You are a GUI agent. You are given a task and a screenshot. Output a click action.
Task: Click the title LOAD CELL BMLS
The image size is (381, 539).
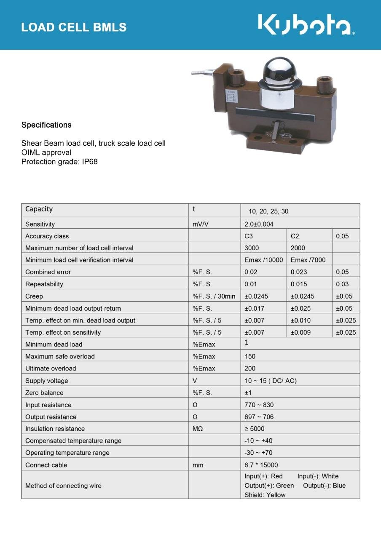[x=74, y=27]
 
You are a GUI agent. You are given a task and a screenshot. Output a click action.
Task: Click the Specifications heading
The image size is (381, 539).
[x=46, y=125]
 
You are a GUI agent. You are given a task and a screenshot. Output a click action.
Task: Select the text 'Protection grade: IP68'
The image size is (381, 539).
[x=59, y=161]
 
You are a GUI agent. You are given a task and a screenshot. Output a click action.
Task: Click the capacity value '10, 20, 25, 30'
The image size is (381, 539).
[x=268, y=211]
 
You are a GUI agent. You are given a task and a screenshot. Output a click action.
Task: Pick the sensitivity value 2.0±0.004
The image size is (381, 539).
[x=259, y=224]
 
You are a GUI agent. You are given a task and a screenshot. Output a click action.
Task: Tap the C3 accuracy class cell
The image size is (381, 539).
[x=249, y=236]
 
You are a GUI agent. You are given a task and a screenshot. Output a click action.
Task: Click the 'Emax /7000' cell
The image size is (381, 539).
[x=308, y=260]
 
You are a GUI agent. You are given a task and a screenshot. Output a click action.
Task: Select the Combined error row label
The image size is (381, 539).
[x=48, y=272]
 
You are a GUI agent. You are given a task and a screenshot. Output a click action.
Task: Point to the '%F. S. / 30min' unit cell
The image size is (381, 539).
[x=214, y=296]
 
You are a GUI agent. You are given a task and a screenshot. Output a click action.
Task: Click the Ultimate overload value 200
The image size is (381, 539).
[x=250, y=368]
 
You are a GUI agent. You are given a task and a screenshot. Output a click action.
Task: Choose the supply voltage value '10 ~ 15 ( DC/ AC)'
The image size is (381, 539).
[x=271, y=381]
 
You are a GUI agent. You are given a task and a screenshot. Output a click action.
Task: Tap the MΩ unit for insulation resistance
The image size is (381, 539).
[x=198, y=429]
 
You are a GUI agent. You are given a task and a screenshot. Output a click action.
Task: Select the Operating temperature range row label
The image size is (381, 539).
[x=67, y=453]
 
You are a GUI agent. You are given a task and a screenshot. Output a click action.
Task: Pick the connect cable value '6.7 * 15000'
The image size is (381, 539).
[x=261, y=465]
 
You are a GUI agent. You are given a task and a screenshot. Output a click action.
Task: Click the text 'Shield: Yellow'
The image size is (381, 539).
[x=265, y=495]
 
